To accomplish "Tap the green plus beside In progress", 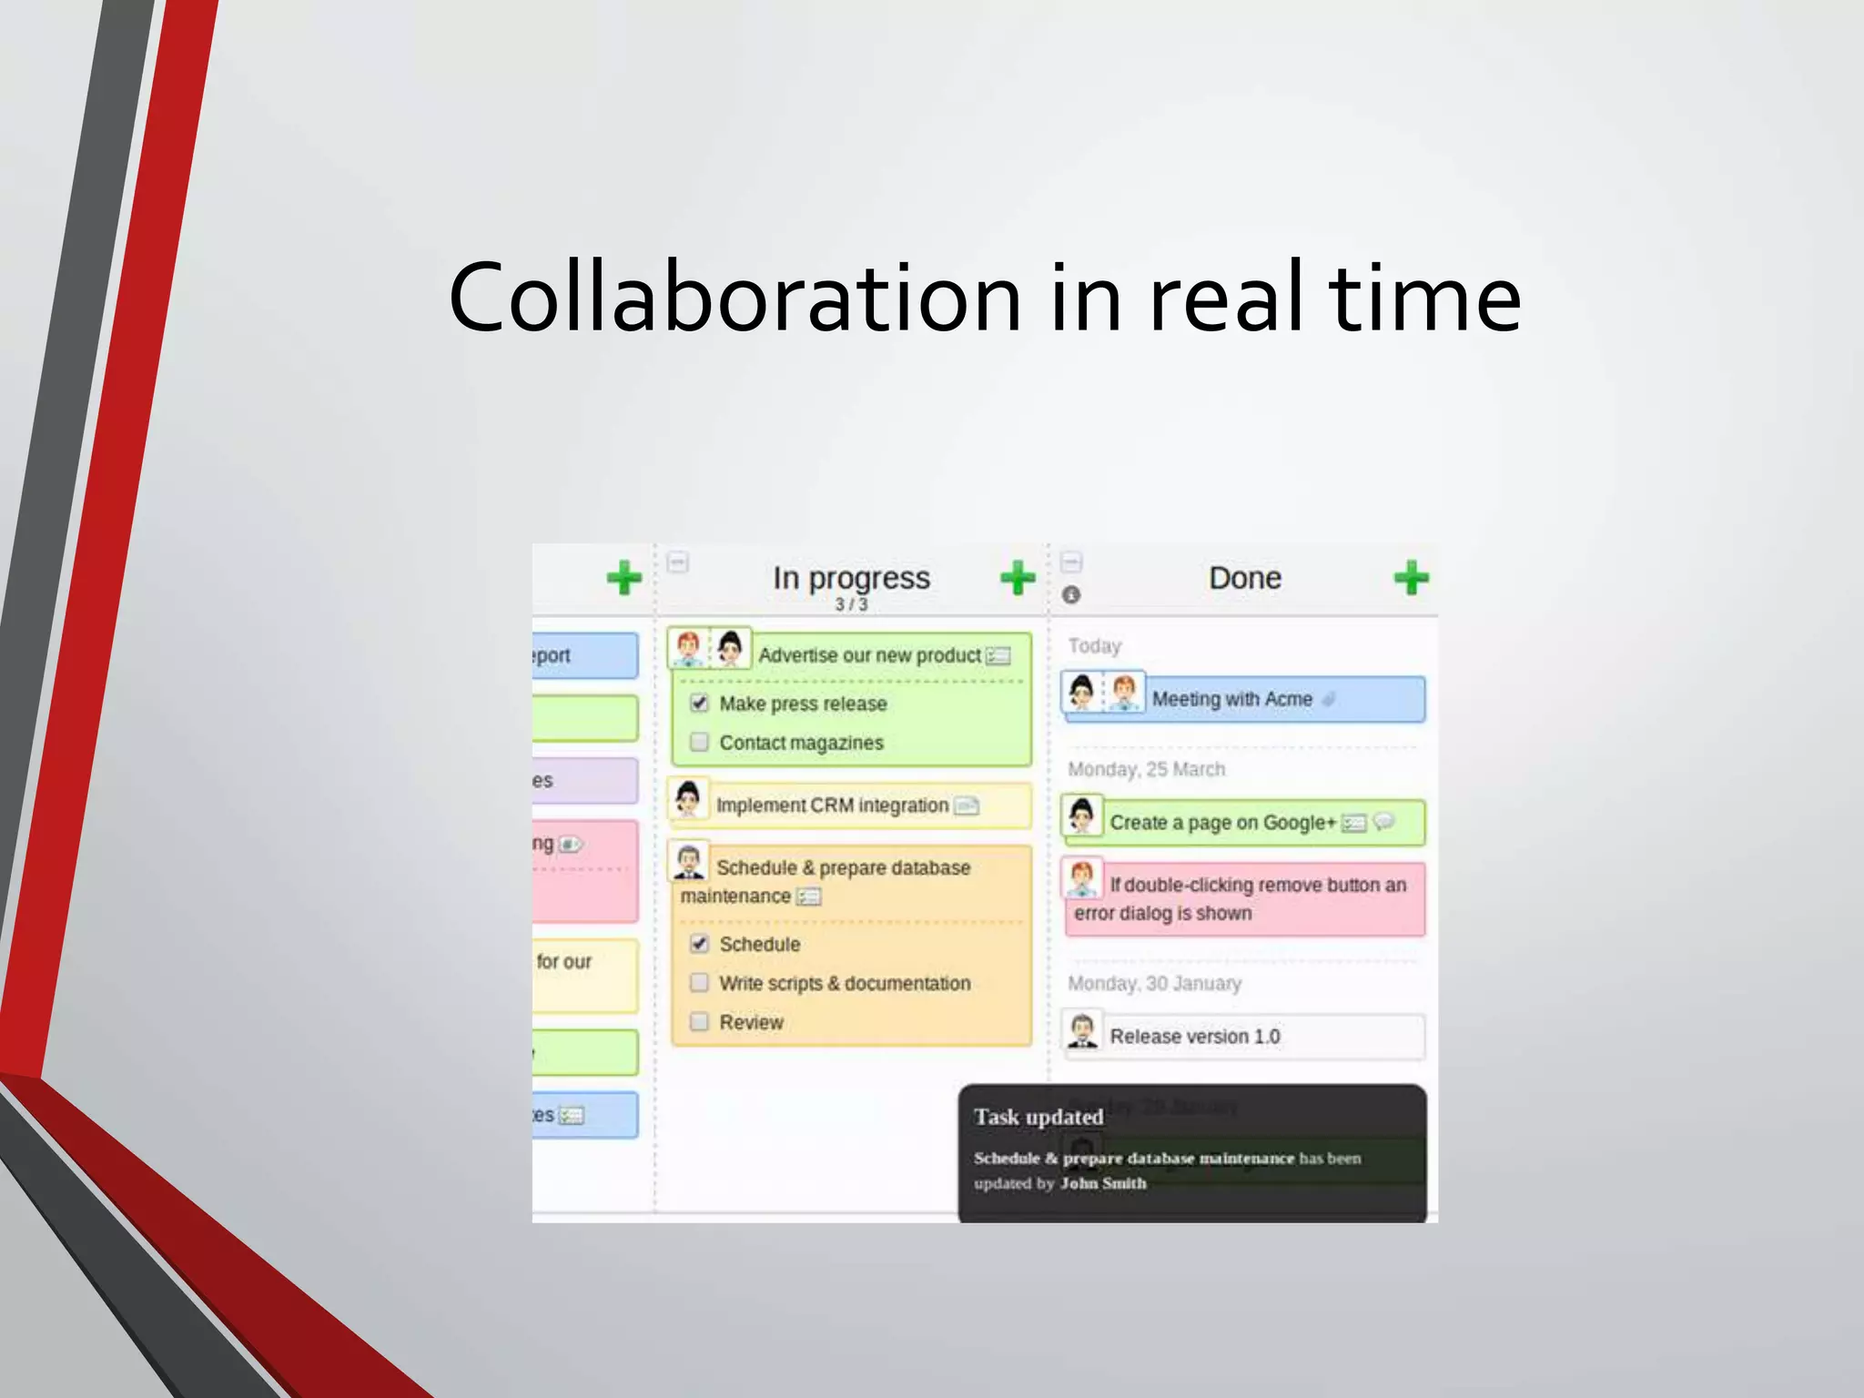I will [1018, 577].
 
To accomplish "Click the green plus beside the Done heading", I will [1411, 577].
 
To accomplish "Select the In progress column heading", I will [851, 578].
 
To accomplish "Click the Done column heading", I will [1244, 578].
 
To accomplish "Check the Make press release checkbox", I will [699, 703].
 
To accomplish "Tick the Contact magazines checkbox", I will [699, 742].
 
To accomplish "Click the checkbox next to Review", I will [699, 1021].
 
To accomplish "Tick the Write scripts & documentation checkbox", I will [699, 982].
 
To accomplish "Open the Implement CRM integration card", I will [832, 805].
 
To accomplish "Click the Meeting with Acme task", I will [1231, 699].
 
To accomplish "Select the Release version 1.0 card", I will [1194, 1037].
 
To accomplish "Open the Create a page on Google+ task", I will [1221, 823].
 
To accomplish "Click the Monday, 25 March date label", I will [1146, 769].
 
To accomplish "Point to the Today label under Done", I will [1094, 645].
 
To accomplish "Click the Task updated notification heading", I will [1038, 1117].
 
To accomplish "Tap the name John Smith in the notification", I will [1103, 1183].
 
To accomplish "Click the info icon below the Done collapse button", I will [1071, 594].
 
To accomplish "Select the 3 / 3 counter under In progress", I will [851, 604].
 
